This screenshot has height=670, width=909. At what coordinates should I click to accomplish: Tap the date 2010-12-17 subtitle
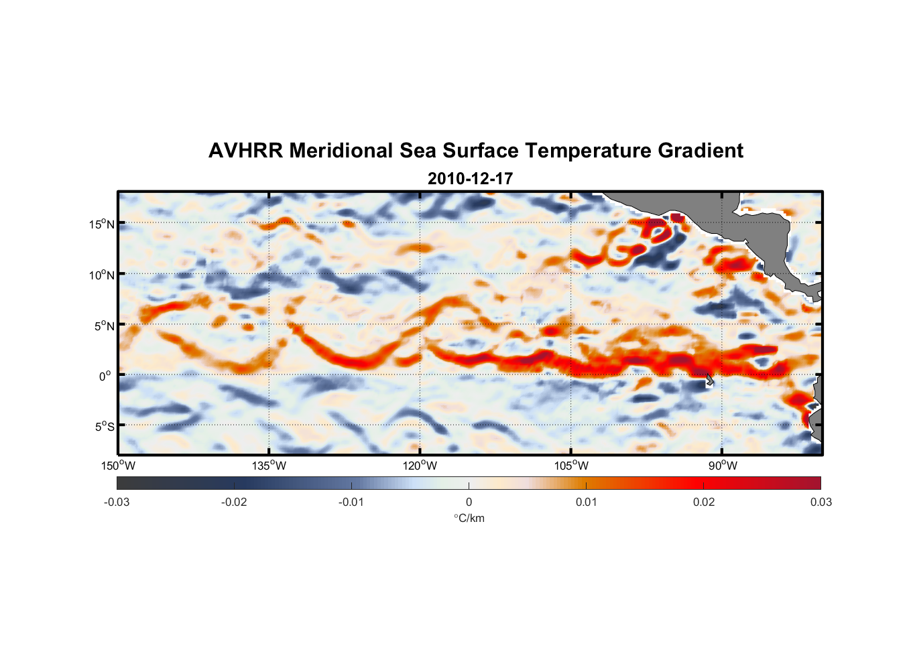[x=470, y=179]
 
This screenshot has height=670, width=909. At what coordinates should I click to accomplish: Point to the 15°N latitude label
[x=102, y=224]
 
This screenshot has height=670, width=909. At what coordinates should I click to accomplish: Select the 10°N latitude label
[x=102, y=275]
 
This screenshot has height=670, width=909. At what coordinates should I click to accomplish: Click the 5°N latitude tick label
[x=104, y=326]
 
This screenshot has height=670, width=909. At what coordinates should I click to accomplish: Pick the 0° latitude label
[x=105, y=376]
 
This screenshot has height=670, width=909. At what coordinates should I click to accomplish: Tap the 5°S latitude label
[x=104, y=426]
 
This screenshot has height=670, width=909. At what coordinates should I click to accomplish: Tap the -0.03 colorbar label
[x=117, y=503]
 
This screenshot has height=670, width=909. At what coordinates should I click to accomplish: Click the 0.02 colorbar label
[x=704, y=503]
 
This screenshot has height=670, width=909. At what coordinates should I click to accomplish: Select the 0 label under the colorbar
[x=469, y=503]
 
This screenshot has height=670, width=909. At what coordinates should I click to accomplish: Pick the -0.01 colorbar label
[x=351, y=503]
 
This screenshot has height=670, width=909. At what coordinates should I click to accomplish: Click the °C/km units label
[x=469, y=518]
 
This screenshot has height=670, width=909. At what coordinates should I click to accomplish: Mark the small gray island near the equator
[x=709, y=380]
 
